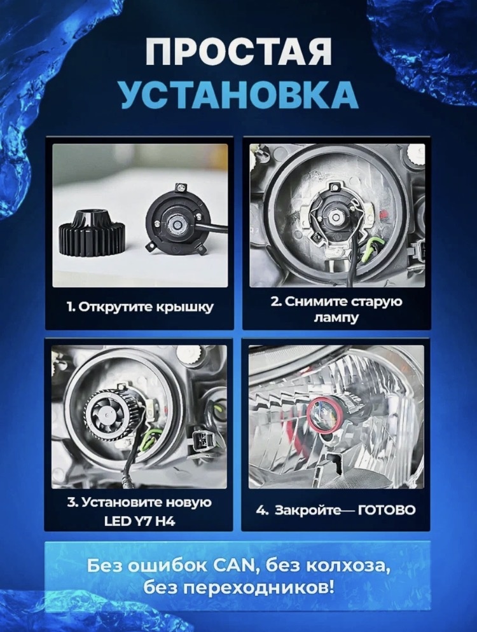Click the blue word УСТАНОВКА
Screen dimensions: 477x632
coord(238,95)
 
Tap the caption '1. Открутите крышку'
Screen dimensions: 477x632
coord(139,307)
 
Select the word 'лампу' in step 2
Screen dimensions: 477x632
coord(336,319)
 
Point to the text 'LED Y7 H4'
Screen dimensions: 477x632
coord(139,522)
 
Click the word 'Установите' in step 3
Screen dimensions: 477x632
coord(120,503)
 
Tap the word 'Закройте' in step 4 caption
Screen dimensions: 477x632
coord(306,511)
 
